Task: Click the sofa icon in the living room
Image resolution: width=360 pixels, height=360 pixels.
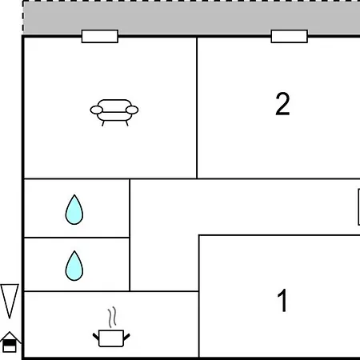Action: [x=114, y=113]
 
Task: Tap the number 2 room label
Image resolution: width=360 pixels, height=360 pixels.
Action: [x=282, y=104]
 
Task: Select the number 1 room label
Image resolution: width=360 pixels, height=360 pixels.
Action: [x=282, y=301]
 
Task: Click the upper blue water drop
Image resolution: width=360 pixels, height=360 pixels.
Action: [x=74, y=210]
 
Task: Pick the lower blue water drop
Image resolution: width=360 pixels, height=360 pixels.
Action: [x=74, y=266]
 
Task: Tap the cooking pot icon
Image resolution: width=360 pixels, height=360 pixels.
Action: [x=111, y=338]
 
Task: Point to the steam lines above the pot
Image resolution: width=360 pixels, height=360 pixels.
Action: [x=112, y=317]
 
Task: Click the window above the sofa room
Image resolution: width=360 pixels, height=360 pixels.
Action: [x=100, y=36]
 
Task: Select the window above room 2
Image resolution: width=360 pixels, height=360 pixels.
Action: [x=290, y=36]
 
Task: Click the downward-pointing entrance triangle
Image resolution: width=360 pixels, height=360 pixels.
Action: [x=10, y=300]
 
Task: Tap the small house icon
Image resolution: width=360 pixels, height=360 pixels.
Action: [x=10, y=342]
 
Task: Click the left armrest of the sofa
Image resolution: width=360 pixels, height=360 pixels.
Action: [x=96, y=110]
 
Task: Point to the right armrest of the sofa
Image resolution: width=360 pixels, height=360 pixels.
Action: [x=132, y=110]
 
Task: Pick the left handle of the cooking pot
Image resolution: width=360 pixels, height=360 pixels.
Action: [x=96, y=337]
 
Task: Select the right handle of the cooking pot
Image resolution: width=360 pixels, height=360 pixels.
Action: [x=126, y=337]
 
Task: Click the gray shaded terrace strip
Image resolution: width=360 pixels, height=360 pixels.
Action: [x=191, y=18]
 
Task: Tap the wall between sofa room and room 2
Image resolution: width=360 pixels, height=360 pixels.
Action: [x=197, y=108]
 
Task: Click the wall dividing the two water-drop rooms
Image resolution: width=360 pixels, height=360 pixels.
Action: [x=77, y=238]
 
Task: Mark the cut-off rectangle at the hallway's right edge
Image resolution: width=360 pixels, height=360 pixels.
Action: [x=359, y=207]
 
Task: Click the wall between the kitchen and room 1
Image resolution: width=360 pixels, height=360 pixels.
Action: [x=199, y=324]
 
